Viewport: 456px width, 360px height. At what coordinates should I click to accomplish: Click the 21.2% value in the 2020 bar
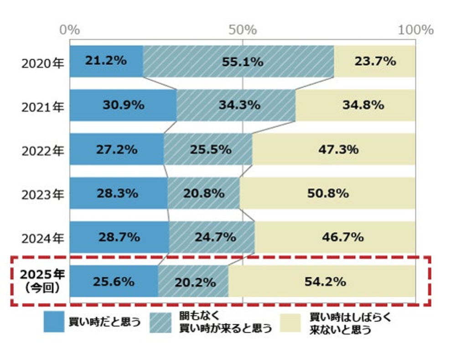(x=105, y=61)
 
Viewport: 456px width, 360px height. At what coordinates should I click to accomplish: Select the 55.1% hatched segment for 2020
(x=238, y=61)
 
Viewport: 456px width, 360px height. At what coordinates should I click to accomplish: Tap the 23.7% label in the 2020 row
(x=375, y=61)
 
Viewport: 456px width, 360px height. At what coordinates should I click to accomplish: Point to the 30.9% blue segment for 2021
(x=123, y=105)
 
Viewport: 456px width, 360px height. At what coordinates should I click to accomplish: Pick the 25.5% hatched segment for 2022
(x=208, y=149)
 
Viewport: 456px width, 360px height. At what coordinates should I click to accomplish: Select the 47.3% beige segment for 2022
(x=334, y=149)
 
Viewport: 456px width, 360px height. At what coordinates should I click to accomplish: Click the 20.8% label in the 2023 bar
(x=204, y=193)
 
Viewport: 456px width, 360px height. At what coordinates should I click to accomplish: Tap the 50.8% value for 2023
(x=328, y=193)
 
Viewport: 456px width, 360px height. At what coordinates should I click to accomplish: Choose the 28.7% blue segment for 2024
(x=119, y=237)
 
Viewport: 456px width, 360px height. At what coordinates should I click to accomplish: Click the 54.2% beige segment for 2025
(x=322, y=281)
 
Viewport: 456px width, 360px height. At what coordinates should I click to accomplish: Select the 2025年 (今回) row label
(x=42, y=281)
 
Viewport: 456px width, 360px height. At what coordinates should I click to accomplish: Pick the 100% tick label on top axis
(x=415, y=30)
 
